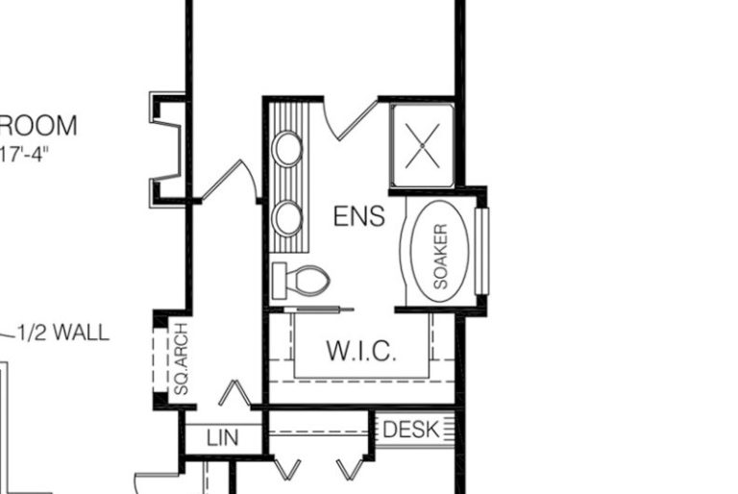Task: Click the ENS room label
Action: [x=358, y=216]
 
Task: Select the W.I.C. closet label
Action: [x=360, y=350]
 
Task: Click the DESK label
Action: [x=410, y=430]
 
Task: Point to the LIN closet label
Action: [x=223, y=438]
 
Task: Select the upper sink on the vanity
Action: [x=287, y=149]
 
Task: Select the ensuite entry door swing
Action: [x=342, y=117]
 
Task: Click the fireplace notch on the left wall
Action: [x=166, y=150]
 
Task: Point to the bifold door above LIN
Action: [x=235, y=394]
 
